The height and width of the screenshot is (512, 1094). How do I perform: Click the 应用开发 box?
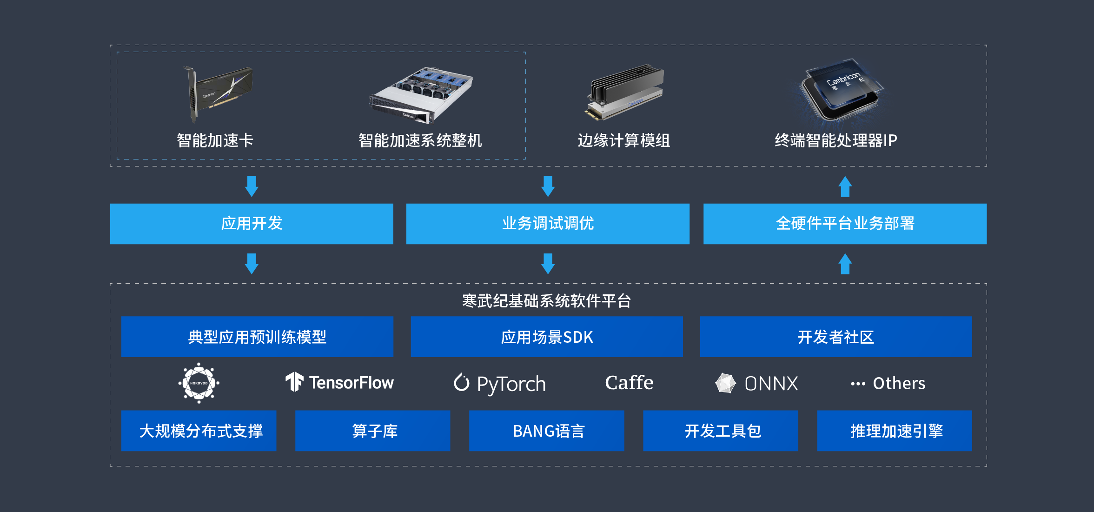tap(252, 224)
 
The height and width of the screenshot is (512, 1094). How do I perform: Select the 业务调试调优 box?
tap(548, 224)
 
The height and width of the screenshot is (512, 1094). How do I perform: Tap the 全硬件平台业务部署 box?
tap(845, 224)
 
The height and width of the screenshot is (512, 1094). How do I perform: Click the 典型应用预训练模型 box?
tap(257, 337)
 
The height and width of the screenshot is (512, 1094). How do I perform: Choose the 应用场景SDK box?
tap(547, 337)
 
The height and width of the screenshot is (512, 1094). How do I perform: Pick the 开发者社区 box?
tap(835, 337)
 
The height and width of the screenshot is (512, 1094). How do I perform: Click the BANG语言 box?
tap(547, 431)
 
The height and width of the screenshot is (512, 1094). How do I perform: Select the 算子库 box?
tap(372, 431)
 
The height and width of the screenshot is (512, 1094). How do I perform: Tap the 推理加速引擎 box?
tap(895, 431)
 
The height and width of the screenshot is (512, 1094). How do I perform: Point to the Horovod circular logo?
tap(199, 383)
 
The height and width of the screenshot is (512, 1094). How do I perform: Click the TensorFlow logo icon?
tap(294, 382)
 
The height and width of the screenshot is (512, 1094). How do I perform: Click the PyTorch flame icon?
tap(461, 382)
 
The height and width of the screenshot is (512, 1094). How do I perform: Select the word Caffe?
tap(629, 383)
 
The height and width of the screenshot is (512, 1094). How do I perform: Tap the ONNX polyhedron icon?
tap(725, 383)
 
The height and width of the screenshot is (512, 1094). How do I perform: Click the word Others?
tap(899, 383)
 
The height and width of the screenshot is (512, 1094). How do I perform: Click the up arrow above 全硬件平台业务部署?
tap(845, 186)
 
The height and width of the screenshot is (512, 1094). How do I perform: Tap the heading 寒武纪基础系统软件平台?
tap(547, 301)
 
